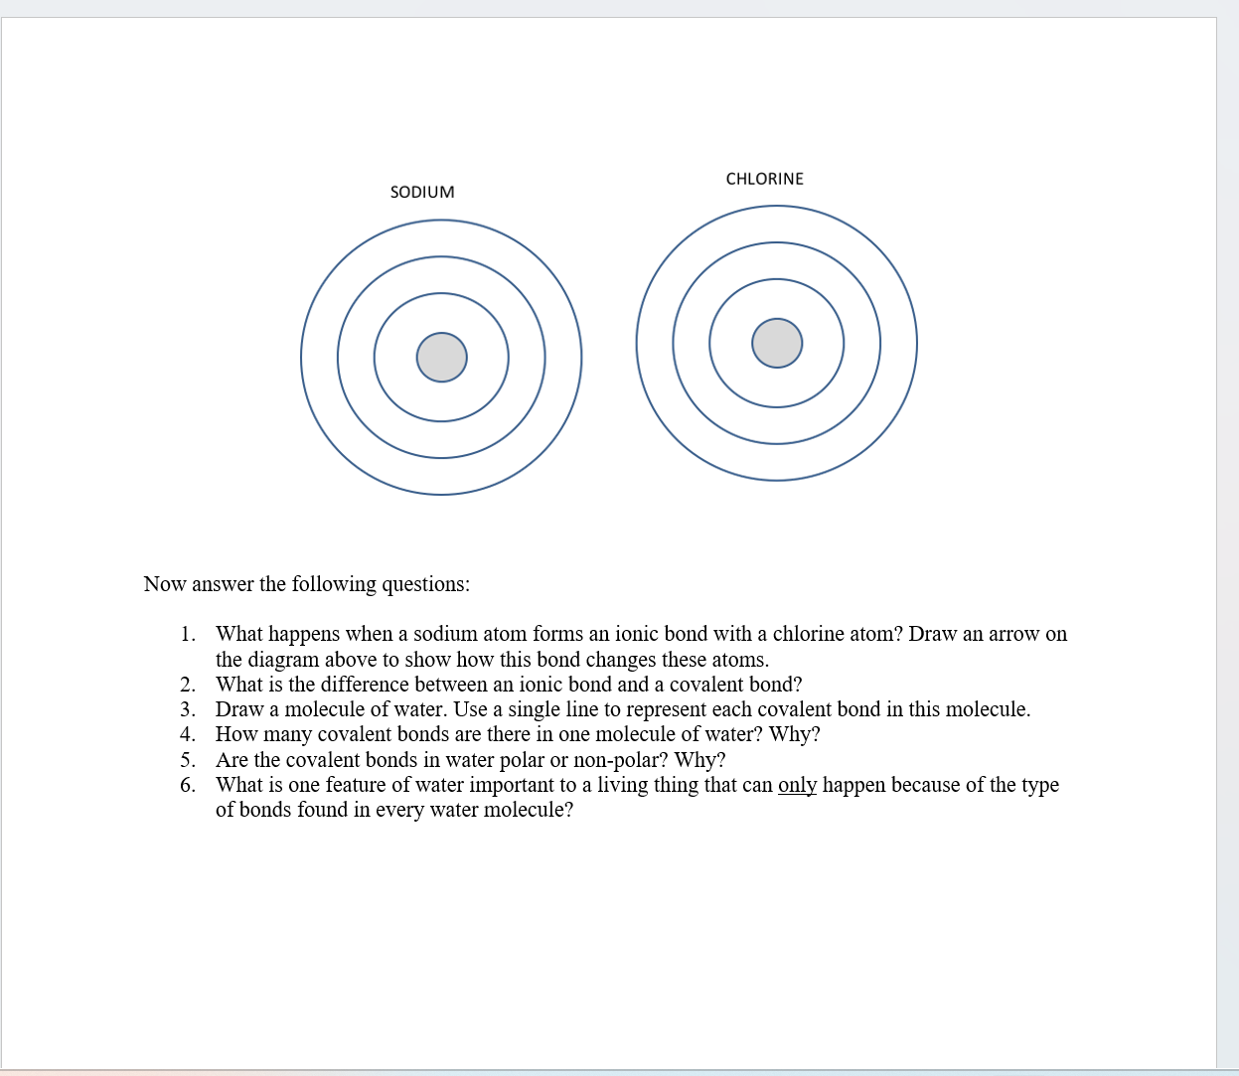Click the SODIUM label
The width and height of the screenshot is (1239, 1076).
[422, 192]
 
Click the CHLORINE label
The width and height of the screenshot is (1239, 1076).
[764, 179]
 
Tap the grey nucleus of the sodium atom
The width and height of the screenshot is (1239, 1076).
[441, 357]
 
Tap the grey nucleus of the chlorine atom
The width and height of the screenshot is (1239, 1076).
[777, 343]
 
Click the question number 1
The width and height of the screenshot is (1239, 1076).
[187, 634]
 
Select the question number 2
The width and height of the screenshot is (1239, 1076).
[187, 685]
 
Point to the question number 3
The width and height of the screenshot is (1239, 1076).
[187, 709]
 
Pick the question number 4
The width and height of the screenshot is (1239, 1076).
[187, 734]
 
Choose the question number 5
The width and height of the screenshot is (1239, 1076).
[187, 760]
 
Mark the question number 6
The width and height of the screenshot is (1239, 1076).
[187, 785]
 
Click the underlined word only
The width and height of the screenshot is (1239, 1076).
[797, 785]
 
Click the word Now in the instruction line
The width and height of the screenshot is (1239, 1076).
[165, 584]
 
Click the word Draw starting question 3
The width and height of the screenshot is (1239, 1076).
[239, 709]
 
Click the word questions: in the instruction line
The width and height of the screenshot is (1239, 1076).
[425, 584]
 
